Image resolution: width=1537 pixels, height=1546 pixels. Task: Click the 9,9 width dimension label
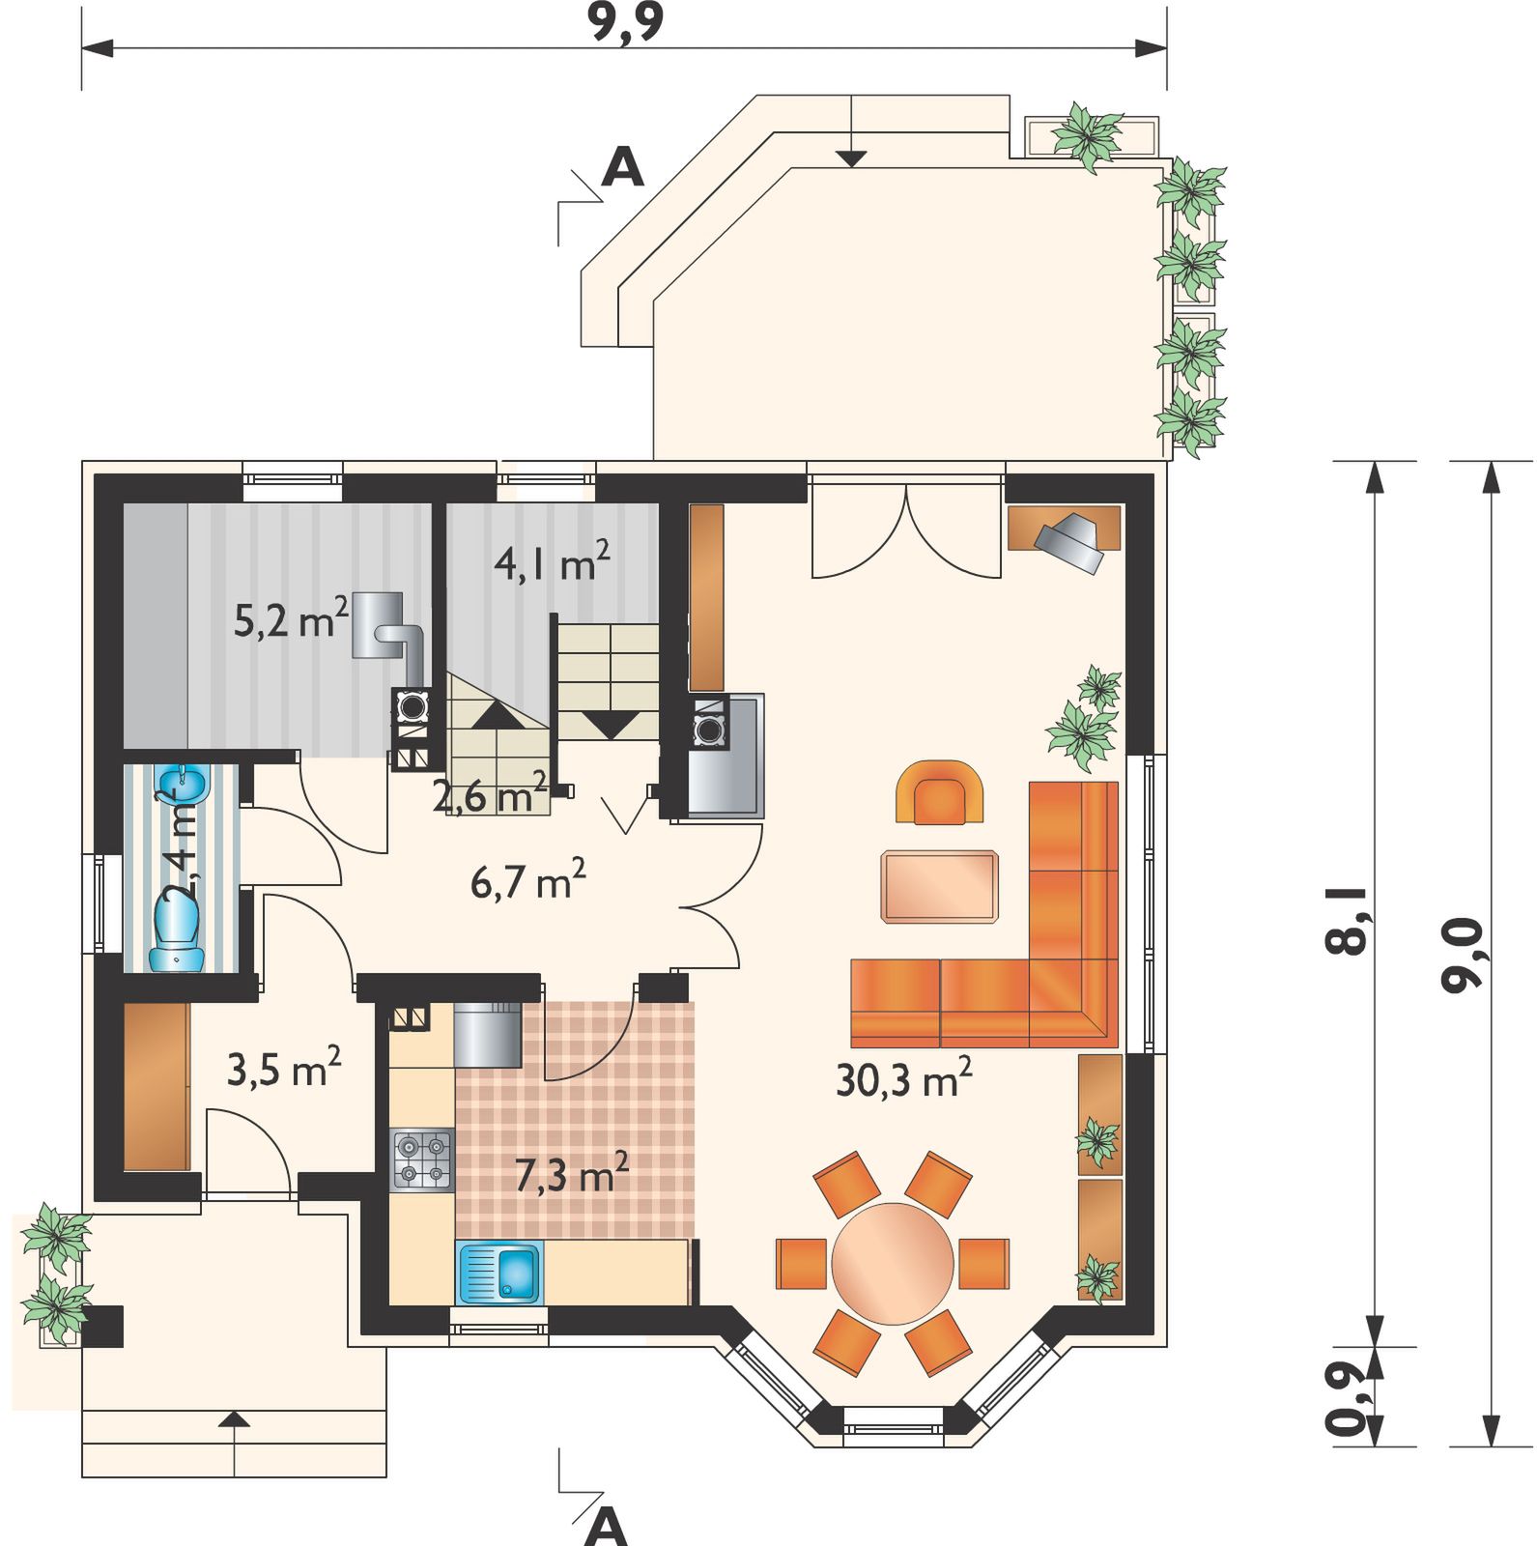[x=626, y=21]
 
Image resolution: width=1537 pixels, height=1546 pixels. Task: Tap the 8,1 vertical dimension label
[x=1347, y=921]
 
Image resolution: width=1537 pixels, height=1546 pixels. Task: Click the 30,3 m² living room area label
[x=903, y=1077]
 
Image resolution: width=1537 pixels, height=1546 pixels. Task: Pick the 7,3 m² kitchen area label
[x=571, y=1172]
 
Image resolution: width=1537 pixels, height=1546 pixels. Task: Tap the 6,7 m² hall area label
[x=527, y=878]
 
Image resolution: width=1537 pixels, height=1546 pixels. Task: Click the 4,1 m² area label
[x=552, y=560]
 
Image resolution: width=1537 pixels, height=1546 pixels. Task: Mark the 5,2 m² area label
[x=291, y=617]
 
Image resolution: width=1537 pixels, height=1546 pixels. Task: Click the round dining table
[x=893, y=1263]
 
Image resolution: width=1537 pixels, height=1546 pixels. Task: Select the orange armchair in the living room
[x=940, y=792]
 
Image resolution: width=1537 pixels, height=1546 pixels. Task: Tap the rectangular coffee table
[x=939, y=886]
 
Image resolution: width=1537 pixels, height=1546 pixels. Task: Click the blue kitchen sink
[x=499, y=1273]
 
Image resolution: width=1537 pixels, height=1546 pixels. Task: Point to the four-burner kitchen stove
[x=422, y=1159]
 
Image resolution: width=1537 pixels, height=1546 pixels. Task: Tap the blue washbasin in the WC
[x=183, y=784]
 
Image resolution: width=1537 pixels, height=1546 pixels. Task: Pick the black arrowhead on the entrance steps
[x=234, y=1418]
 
